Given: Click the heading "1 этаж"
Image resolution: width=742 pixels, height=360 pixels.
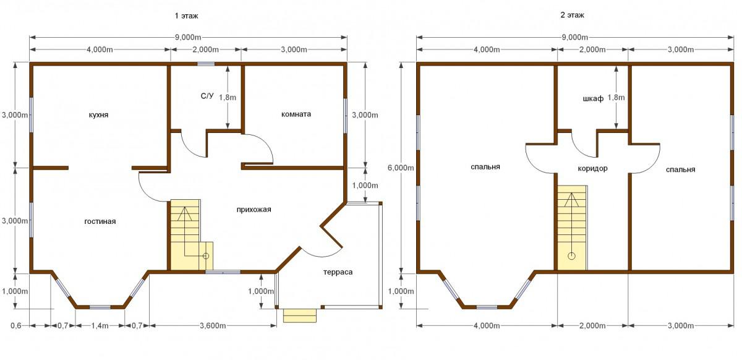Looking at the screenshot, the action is point(187,15).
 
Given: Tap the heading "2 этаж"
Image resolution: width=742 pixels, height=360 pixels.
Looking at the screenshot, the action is point(572,15).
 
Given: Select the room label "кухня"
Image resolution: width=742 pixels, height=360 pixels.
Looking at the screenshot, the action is point(98,115).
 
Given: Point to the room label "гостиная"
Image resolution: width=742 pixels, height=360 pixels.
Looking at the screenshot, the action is point(100,221).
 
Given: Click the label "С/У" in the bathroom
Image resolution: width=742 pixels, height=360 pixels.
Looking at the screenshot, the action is point(207,96).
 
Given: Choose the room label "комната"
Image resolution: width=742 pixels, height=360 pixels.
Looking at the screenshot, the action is point(296,114).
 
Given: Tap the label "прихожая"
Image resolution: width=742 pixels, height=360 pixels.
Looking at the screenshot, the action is point(254,210).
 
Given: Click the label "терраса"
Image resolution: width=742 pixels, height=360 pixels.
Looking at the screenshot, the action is point(338,272).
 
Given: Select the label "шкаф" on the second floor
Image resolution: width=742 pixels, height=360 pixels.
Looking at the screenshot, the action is point(593,99).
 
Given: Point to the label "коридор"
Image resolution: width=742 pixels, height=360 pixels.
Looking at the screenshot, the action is point(592,168).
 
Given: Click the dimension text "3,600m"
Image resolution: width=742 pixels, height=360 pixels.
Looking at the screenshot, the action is point(213,325).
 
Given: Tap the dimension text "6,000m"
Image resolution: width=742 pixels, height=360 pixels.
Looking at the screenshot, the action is point(401,168).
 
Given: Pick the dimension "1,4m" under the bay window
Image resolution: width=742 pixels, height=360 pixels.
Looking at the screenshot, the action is point(100,325).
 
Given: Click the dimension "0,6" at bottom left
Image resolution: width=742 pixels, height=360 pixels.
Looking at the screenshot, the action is point(15,325).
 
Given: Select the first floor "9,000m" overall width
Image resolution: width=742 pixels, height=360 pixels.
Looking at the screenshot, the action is point(188,37).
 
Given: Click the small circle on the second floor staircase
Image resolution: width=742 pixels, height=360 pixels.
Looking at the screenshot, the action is point(571,256).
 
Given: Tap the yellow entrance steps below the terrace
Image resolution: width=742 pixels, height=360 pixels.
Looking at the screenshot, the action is point(300,315).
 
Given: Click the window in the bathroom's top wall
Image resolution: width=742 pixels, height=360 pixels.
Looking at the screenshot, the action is point(206,64).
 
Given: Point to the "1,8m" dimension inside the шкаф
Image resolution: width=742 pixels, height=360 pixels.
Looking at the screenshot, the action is point(616,98).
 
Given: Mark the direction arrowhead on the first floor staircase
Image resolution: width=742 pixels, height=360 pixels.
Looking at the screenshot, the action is point(184,213).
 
